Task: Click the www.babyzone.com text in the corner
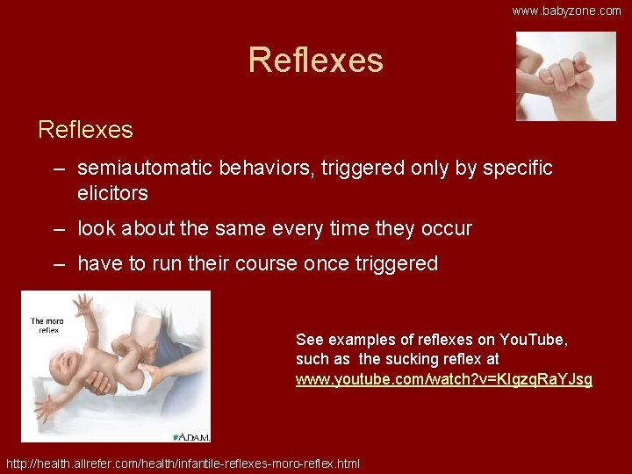(566, 11)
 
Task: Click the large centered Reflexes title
(316, 61)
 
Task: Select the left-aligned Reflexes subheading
(85, 130)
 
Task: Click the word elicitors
(112, 192)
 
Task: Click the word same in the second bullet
(230, 229)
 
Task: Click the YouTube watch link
(443, 379)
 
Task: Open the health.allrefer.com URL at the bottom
(183, 463)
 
